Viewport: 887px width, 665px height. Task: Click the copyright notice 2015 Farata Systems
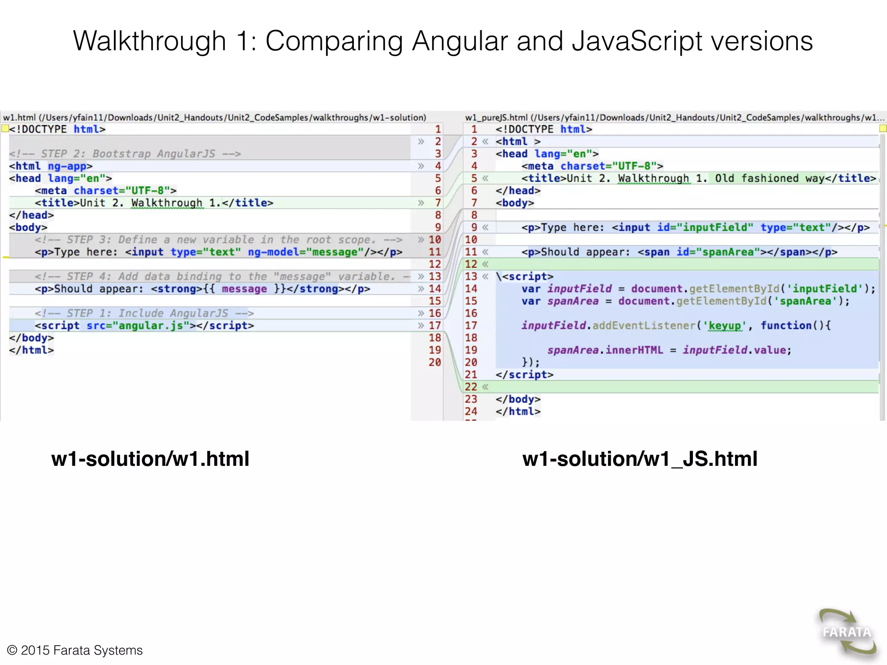point(75,650)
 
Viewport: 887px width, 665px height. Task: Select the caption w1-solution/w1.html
point(150,459)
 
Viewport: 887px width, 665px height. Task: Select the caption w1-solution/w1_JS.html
point(640,459)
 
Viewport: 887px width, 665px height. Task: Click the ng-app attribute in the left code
point(67,166)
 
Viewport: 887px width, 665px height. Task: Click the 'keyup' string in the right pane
point(724,326)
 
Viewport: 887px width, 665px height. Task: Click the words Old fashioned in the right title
point(756,178)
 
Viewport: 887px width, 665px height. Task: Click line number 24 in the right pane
point(471,411)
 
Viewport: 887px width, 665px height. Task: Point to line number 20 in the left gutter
point(434,362)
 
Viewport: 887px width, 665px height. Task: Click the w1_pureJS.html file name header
point(496,118)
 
